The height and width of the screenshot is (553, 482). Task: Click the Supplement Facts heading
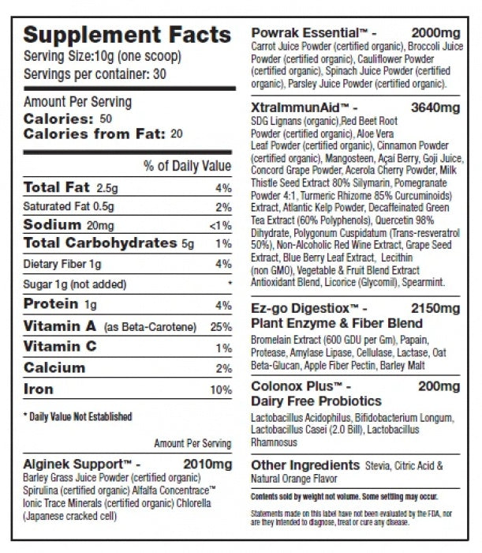[127, 35]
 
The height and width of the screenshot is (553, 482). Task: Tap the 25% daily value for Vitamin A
[221, 327]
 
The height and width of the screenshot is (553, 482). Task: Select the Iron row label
[39, 389]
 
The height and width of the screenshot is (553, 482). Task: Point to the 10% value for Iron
[221, 389]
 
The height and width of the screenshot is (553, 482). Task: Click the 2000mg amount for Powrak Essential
[436, 33]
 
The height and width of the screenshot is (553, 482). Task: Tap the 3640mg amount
[435, 107]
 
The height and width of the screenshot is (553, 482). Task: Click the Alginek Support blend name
[77, 465]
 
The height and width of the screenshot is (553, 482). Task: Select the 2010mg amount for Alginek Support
[207, 465]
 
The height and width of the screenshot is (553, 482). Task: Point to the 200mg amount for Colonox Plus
[439, 386]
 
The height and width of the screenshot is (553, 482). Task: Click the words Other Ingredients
[305, 465]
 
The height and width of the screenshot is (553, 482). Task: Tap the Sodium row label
[53, 224]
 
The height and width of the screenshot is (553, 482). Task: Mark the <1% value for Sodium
[220, 226]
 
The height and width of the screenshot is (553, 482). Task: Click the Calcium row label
[54, 368]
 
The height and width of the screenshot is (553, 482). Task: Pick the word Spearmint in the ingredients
[423, 283]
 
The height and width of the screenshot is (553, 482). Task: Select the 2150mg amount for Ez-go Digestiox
[435, 309]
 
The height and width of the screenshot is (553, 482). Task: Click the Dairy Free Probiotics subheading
[316, 401]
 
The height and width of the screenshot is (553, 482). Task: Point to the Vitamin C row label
[60, 346]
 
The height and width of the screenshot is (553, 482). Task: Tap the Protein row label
[50, 303]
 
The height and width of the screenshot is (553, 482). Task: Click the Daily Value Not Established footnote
[78, 417]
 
